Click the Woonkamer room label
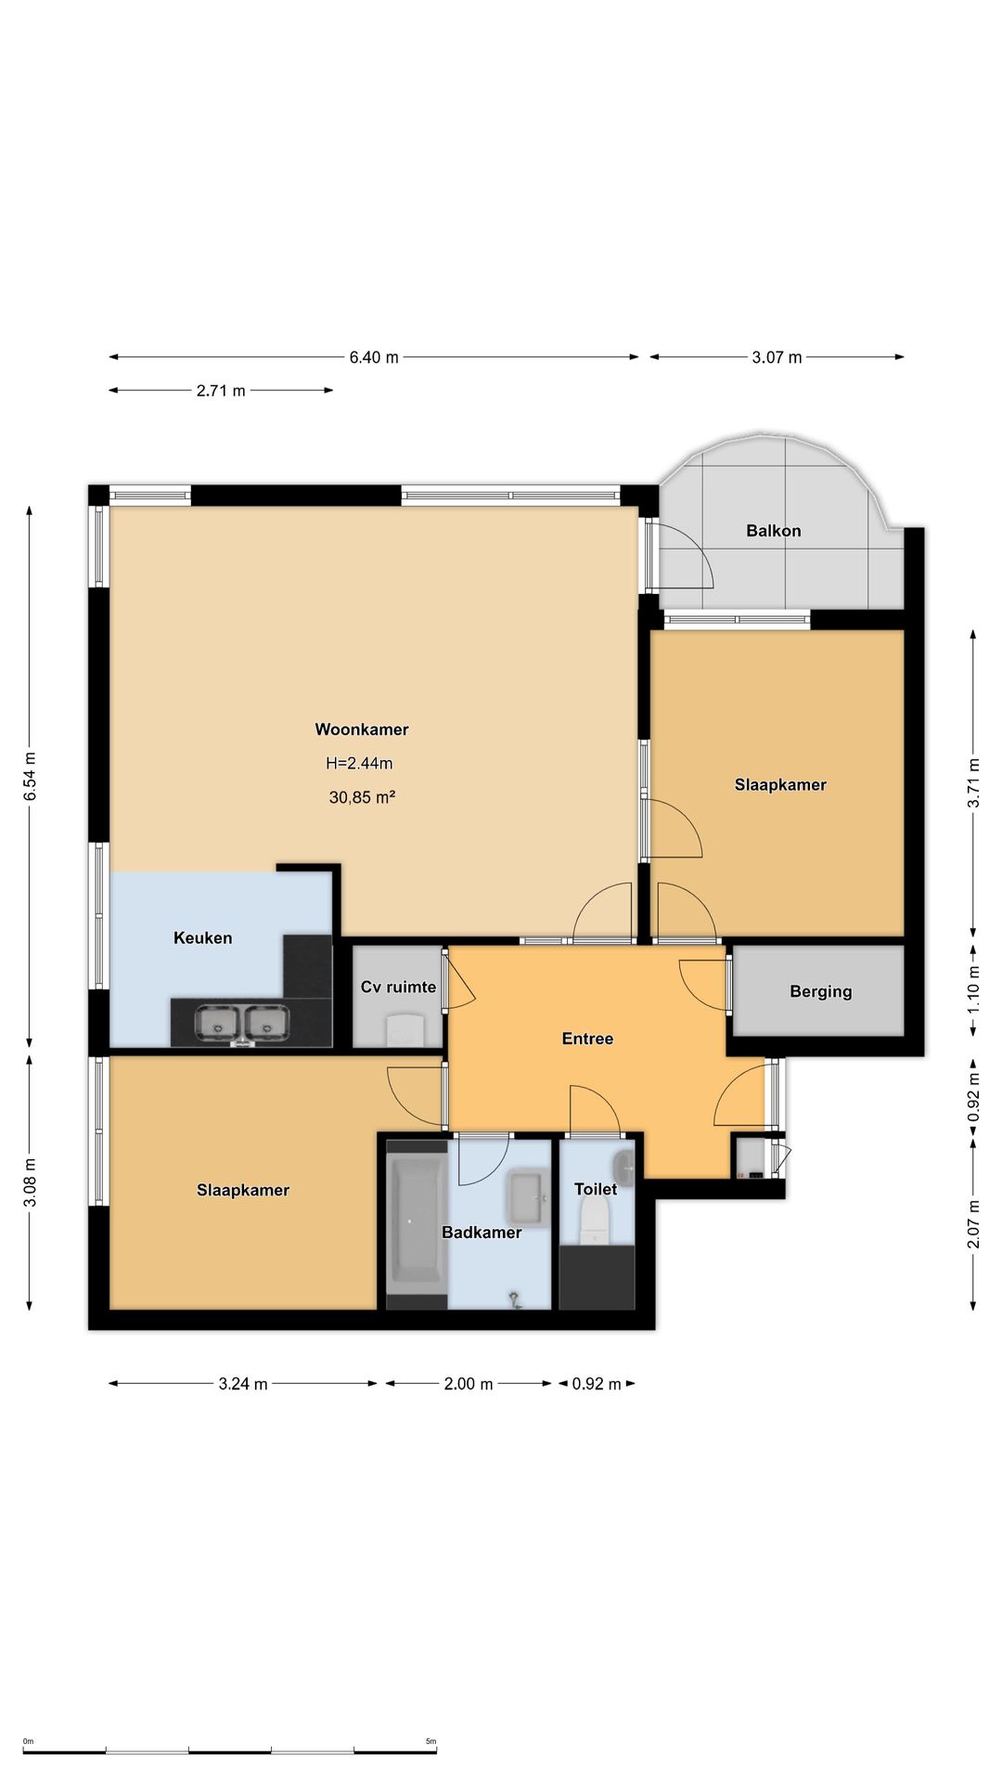(362, 730)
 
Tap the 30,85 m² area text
(362, 797)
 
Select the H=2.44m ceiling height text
(359, 764)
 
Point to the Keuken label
(203, 938)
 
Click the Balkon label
(774, 531)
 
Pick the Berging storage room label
(821, 992)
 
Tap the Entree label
(588, 1039)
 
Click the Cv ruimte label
(399, 987)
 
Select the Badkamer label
(482, 1233)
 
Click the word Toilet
(596, 1189)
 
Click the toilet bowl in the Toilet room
(593, 1219)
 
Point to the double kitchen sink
(241, 1024)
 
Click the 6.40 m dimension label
(374, 357)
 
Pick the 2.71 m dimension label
(221, 391)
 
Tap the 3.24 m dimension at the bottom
(243, 1384)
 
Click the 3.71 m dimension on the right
(974, 783)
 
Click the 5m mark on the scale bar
(430, 1741)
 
